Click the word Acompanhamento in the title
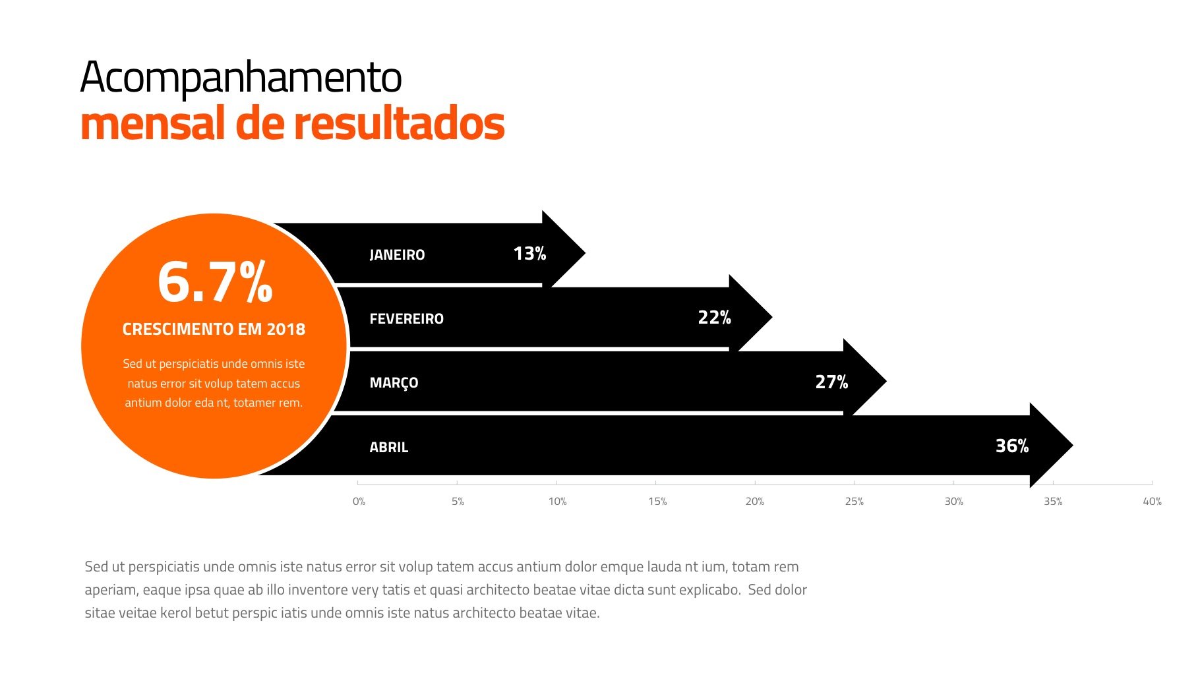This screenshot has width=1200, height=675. [x=241, y=78]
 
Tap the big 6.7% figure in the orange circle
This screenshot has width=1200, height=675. [x=215, y=282]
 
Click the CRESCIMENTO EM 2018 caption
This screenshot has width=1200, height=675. [x=214, y=329]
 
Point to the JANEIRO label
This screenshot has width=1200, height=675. [x=397, y=254]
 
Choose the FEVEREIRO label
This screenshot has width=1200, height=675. [x=406, y=318]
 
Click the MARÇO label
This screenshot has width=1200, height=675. [x=394, y=383]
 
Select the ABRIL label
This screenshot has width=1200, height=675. [x=388, y=447]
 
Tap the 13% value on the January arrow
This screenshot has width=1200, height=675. [x=529, y=254]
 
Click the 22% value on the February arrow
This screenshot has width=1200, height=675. [x=714, y=318]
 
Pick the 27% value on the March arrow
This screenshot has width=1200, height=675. [x=831, y=382]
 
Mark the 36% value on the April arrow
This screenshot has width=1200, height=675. [x=1011, y=446]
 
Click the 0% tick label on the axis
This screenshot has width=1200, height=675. [x=359, y=502]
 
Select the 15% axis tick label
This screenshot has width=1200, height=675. [x=657, y=502]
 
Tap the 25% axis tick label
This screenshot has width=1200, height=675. [x=854, y=502]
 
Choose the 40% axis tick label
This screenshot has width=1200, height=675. [x=1151, y=502]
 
